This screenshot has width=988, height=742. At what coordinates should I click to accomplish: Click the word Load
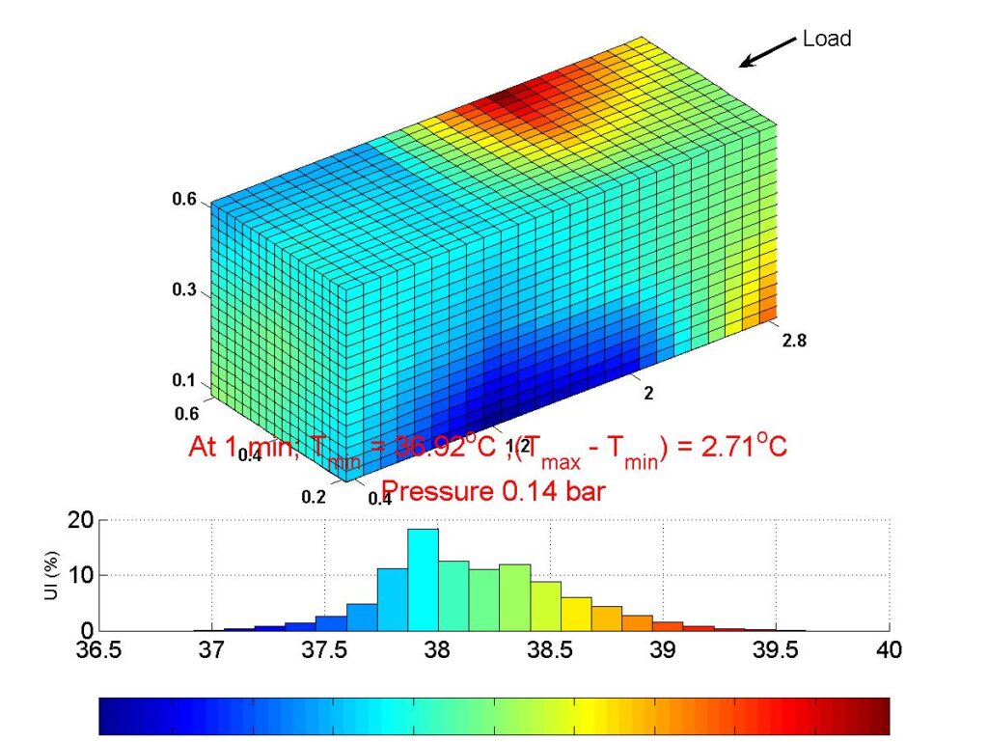(x=827, y=39)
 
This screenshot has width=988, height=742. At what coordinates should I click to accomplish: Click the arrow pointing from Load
(x=766, y=54)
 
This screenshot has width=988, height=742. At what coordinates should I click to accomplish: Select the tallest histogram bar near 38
(x=423, y=579)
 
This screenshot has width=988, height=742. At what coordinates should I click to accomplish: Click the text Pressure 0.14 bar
(x=494, y=491)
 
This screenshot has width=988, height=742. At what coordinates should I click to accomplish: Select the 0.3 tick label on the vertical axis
(x=184, y=290)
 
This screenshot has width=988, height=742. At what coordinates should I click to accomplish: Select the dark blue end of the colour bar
(x=110, y=717)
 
